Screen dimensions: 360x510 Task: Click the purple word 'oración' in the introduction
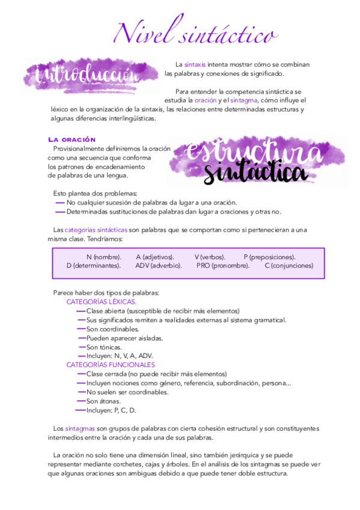[205, 100]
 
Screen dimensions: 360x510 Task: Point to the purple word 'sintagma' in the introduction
[243, 100]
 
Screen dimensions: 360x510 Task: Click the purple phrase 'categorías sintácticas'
[96, 230]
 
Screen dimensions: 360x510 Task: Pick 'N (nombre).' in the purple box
[103, 257]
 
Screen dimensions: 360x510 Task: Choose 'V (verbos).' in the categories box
[210, 257]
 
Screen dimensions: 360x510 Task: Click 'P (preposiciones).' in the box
[269, 257]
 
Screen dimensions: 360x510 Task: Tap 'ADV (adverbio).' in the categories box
[158, 265]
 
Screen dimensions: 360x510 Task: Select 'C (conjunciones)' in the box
[288, 265]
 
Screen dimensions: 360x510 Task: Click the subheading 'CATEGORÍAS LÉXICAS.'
[101, 302]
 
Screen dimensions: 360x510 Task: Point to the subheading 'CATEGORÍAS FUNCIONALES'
[111, 364]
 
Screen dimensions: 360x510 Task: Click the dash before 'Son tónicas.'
[81, 347]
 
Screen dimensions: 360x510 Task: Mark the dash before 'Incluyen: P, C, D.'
[80, 410]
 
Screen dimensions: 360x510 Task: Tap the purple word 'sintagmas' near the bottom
[80, 428]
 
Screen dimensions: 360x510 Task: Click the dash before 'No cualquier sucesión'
[60, 203]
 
